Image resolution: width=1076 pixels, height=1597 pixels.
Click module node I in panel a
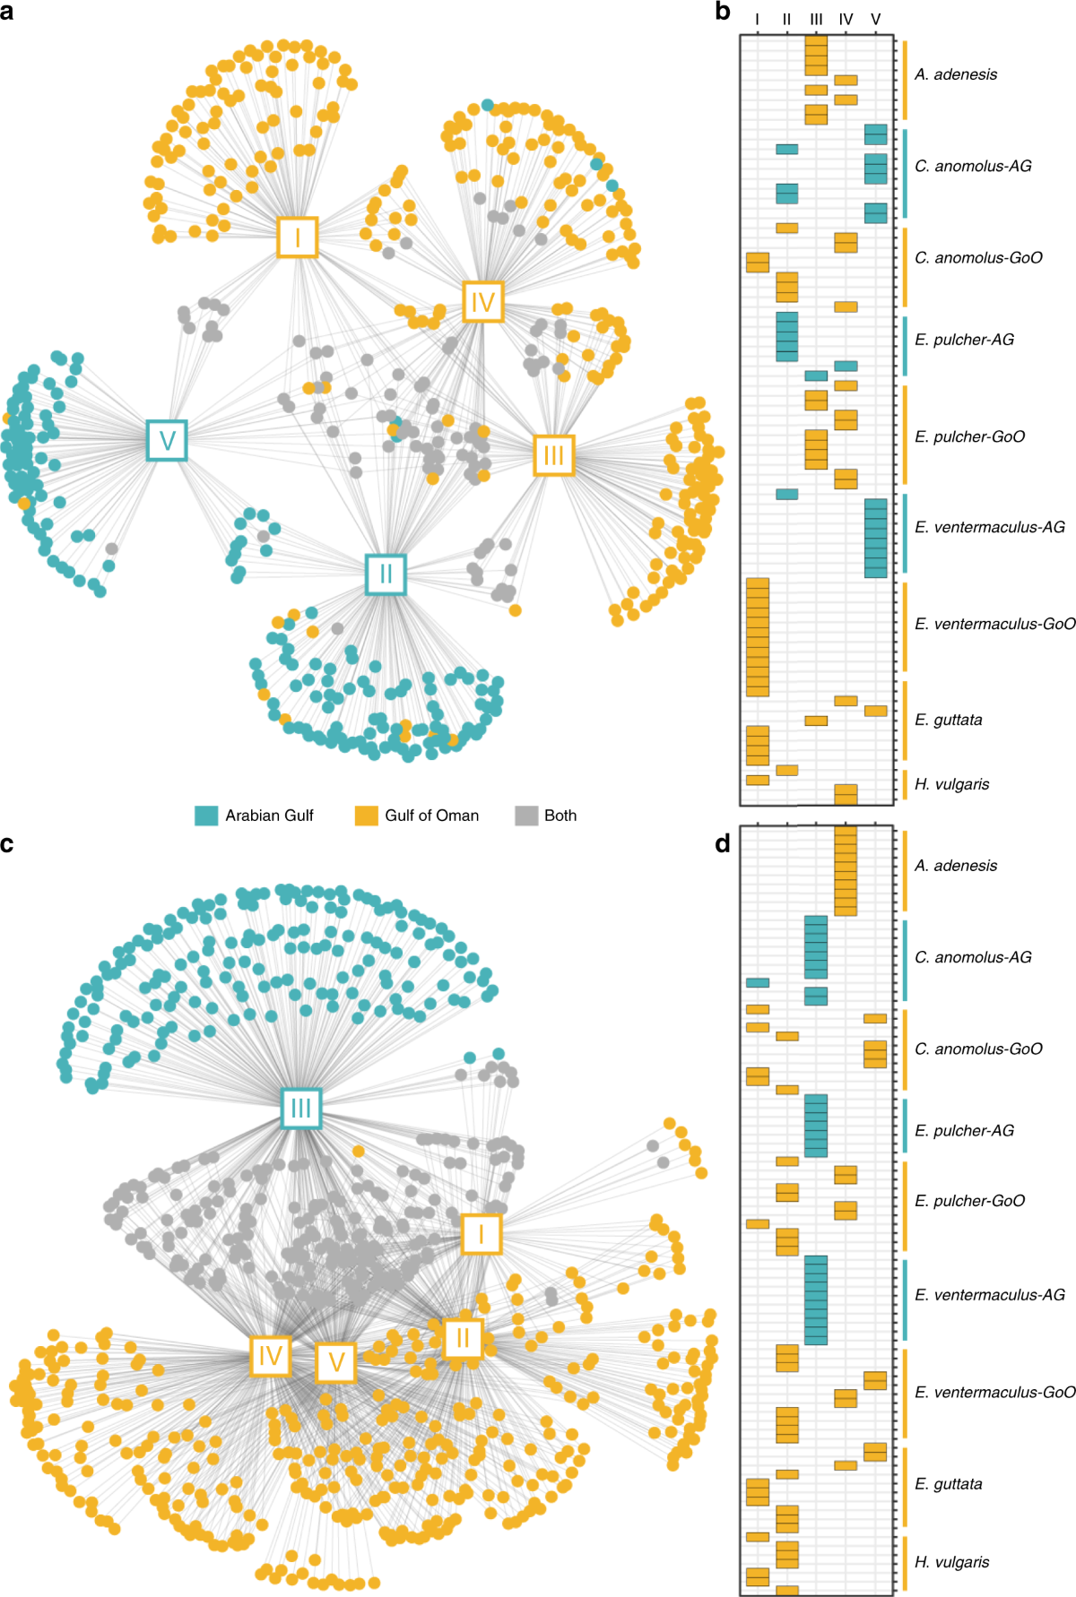click(x=297, y=237)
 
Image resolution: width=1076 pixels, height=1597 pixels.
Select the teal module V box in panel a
click(x=167, y=440)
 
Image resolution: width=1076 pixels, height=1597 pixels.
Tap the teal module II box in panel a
click(x=386, y=574)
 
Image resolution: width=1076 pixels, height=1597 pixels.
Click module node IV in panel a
click(x=482, y=302)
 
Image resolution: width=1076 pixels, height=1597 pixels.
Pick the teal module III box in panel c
click(x=300, y=1109)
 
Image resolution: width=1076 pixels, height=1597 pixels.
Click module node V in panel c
click(x=336, y=1362)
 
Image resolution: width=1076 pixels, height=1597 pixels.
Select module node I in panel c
click(x=482, y=1234)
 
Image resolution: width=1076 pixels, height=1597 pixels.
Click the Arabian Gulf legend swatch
click(x=206, y=816)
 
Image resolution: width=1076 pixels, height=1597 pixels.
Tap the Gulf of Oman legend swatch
click(x=366, y=816)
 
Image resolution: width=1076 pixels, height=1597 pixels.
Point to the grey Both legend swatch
click(x=526, y=816)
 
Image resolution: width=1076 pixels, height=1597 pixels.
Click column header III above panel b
click(x=816, y=19)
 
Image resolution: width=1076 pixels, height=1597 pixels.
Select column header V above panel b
click(x=876, y=19)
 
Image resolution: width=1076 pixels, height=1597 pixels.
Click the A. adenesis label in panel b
click(x=955, y=74)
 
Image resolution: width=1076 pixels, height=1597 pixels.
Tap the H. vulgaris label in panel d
click(x=951, y=1561)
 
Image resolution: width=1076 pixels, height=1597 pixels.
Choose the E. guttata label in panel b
click(x=948, y=720)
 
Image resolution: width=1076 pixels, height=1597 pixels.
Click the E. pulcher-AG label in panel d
click(x=964, y=1130)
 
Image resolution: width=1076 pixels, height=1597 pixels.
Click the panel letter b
click(x=723, y=12)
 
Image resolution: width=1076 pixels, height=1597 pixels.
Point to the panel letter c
click(x=7, y=843)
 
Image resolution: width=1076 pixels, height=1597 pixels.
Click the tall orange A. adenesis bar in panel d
click(x=846, y=870)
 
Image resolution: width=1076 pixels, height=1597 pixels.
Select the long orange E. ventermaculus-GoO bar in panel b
click(x=758, y=637)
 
